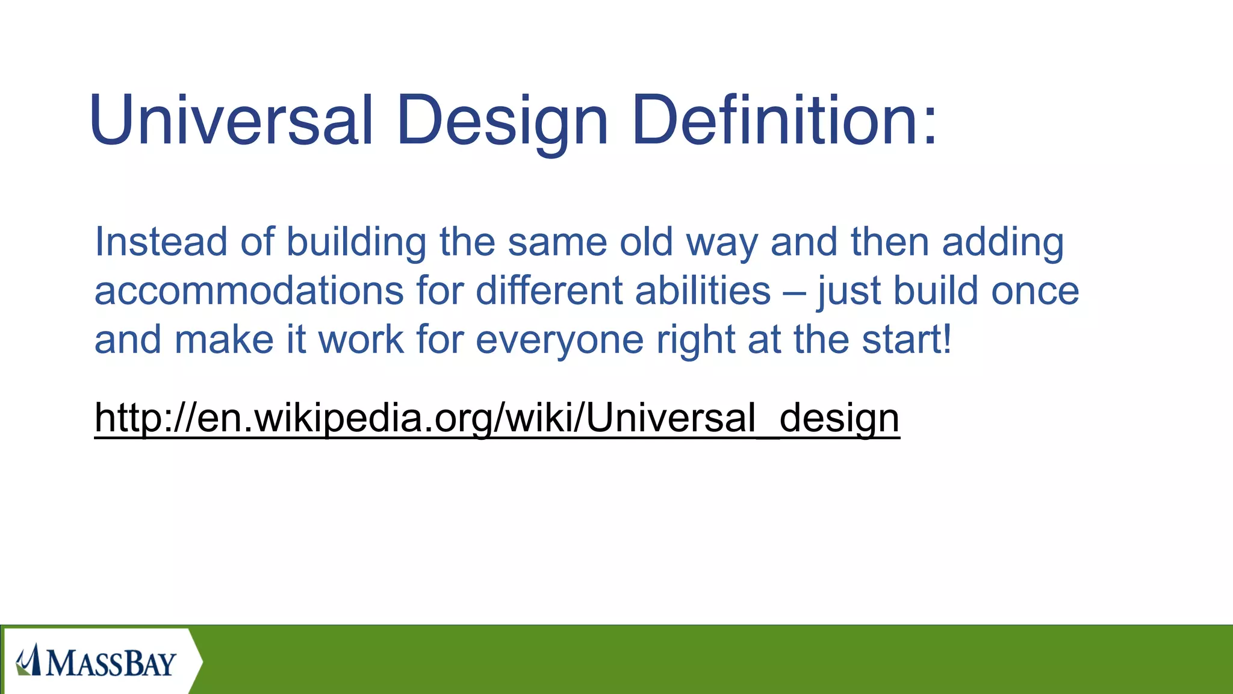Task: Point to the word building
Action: (x=356, y=242)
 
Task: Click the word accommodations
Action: (x=249, y=291)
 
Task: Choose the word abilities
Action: (x=703, y=291)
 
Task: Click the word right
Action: (x=695, y=340)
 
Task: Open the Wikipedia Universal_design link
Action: (x=497, y=417)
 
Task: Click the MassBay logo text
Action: (x=111, y=663)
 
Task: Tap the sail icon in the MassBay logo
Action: (x=29, y=660)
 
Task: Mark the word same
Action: (x=557, y=242)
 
